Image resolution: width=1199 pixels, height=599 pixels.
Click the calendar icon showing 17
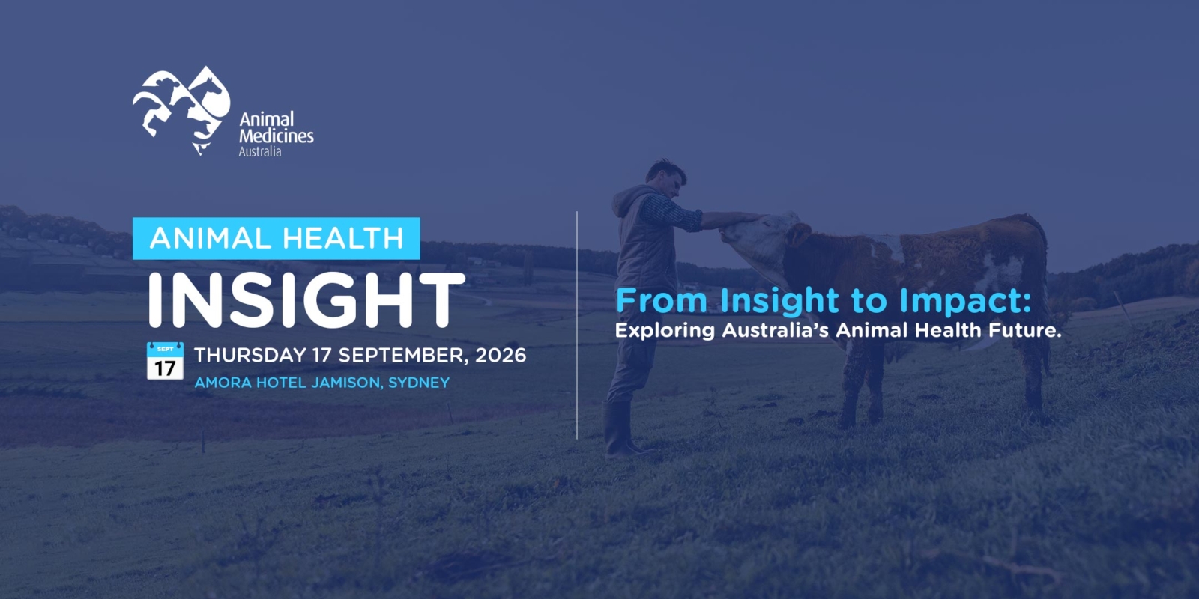coord(165,361)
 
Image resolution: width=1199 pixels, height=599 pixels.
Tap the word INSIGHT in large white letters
coord(306,300)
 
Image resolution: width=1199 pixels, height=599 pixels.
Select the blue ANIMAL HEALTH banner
coord(277,239)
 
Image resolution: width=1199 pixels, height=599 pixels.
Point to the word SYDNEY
coord(419,383)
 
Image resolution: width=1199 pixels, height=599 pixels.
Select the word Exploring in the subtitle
coord(665,330)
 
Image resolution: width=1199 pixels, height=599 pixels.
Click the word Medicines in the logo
coord(277,136)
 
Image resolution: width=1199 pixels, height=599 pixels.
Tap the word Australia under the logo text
coord(259,152)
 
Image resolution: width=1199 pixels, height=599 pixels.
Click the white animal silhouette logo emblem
coord(181,110)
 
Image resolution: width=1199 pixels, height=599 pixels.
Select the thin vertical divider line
coord(577,325)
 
